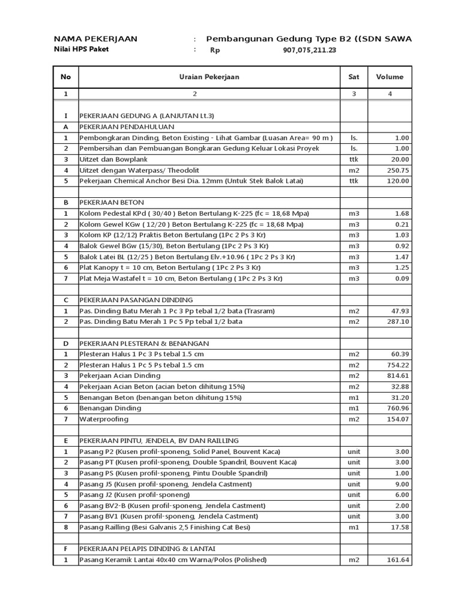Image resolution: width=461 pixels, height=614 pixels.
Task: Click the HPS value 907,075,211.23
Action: coord(309,51)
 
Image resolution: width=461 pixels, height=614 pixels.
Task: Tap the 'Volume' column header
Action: coord(390,77)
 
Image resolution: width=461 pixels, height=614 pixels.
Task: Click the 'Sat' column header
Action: coord(354,77)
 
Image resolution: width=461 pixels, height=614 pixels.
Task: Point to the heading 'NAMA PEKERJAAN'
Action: coord(95,39)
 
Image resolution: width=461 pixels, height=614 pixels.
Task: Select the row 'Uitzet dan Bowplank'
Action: coord(113,159)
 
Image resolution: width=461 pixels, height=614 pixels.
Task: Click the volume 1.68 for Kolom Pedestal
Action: coord(401,213)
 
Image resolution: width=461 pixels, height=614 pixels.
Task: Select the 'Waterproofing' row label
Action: coord(102,419)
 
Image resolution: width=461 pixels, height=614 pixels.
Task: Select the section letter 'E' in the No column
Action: coord(65,441)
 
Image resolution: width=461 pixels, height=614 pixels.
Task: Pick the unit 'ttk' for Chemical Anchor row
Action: coord(354,181)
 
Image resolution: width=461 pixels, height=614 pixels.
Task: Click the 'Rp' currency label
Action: coord(215,51)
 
